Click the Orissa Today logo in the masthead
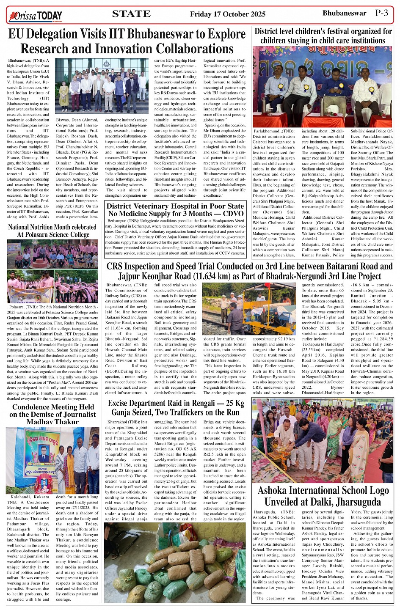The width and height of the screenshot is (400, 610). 36,16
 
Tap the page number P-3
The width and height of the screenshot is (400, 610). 381,13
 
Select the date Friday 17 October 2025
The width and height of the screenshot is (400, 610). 227,14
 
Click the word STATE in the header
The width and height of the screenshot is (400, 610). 131,14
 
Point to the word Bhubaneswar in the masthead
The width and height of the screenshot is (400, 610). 344,13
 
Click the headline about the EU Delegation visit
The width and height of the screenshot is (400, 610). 127,41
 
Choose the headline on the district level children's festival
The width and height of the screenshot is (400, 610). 323,36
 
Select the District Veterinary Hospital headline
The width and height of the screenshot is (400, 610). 175,210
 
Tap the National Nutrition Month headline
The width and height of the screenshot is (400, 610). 52,231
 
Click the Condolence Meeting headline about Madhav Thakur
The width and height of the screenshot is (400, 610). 52,414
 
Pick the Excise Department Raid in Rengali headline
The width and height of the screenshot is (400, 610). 176,408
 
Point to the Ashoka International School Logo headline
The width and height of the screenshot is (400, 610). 323,496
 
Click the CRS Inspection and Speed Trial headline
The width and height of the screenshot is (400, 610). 249,271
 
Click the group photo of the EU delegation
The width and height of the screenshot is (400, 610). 102,86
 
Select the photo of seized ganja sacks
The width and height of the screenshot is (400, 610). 175,563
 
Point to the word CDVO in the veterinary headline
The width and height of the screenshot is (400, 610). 233,214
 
